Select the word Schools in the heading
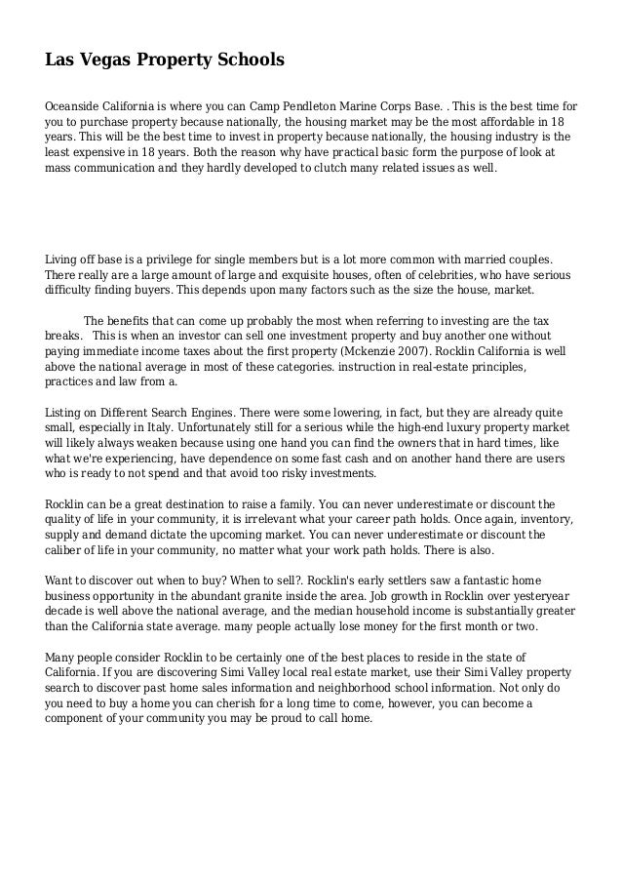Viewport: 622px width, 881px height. click(x=248, y=61)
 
